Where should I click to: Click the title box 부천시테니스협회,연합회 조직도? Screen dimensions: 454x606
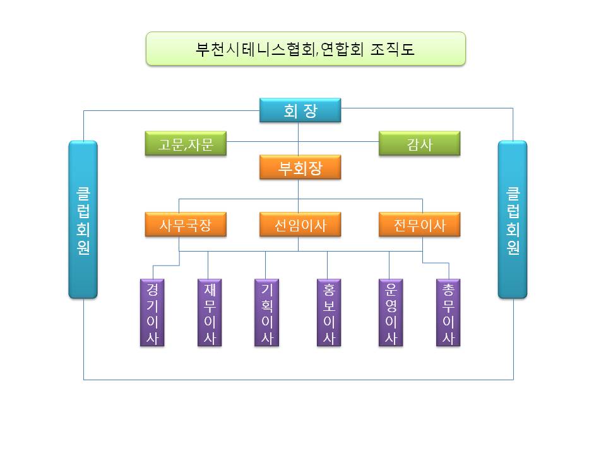pos(306,49)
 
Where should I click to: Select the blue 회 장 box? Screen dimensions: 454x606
pos(300,111)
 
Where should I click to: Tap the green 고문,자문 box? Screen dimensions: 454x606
pos(186,144)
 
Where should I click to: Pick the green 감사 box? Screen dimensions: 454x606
pos(419,144)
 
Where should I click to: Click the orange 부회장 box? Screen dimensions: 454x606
pos(300,168)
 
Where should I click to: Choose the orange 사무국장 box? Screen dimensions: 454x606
pos(186,224)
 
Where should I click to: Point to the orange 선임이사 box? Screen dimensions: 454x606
pos(300,224)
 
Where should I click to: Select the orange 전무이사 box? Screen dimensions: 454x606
pos(419,224)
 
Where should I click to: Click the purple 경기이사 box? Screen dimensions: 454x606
pos(152,313)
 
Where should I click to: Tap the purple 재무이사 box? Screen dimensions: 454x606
pos(210,313)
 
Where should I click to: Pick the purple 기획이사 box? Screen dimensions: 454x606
pos(266,313)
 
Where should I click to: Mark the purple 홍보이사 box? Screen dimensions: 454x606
pos(328,313)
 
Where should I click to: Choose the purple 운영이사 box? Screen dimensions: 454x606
pos(390,313)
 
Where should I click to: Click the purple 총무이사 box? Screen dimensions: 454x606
pos(448,313)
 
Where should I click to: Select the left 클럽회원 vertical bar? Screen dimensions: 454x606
pos(83,219)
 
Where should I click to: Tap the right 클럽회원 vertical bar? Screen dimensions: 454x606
pos(512,219)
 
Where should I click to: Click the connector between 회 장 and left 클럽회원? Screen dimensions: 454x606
pos(170,111)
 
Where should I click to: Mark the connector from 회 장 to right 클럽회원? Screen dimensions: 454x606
pos(429,108)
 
